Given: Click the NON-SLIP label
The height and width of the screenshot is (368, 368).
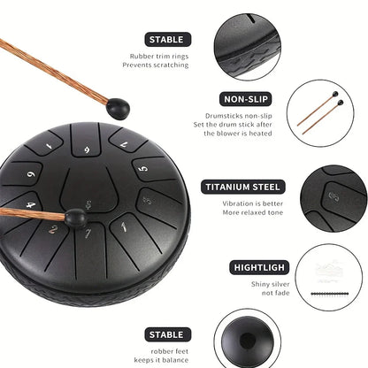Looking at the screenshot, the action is [x=246, y=99].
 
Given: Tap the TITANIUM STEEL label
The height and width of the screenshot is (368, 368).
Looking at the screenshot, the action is [x=243, y=187].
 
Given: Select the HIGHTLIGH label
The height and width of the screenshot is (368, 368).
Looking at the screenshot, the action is [x=259, y=267].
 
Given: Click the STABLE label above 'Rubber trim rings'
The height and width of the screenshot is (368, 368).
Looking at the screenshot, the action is [x=168, y=40].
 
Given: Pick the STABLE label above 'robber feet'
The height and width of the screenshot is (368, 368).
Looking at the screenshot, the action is [x=168, y=334].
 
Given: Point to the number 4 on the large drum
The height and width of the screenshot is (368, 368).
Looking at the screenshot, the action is [x=31, y=204].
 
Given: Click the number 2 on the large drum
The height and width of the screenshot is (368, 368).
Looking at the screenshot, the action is [x=53, y=229].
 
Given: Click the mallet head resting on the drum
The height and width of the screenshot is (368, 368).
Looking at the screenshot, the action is [x=75, y=218].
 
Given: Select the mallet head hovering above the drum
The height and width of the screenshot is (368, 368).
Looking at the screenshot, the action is [x=118, y=109].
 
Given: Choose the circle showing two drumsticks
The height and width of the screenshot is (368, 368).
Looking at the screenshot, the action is [x=320, y=113].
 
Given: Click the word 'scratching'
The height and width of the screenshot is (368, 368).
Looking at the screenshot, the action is [x=172, y=65].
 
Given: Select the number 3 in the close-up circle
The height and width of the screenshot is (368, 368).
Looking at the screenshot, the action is [x=334, y=196].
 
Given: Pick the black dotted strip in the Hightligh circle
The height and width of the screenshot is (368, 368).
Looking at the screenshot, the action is [x=330, y=294].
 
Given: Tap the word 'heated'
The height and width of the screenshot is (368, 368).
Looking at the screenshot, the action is [x=260, y=134].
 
